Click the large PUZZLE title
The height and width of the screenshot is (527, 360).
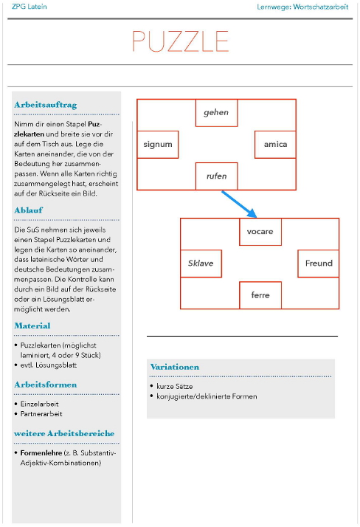tap(180, 41)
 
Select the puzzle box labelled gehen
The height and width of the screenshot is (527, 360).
tap(216, 113)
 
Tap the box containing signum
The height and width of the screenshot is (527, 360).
tap(158, 144)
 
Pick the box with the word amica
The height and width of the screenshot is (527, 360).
tap(275, 144)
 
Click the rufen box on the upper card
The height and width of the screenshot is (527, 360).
tap(216, 176)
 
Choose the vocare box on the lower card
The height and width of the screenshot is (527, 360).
tap(260, 232)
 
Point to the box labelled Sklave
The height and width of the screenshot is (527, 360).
tap(201, 263)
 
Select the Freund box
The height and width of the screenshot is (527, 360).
tap(318, 263)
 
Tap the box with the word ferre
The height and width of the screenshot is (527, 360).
tap(260, 295)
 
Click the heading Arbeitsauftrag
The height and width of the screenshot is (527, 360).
tap(45, 105)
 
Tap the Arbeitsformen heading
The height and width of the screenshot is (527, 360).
tap(45, 385)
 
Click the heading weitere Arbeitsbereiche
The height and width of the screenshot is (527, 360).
tap(64, 433)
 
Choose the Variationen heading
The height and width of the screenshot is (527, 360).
tap(175, 367)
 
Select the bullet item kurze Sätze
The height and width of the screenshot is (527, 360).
tap(176, 386)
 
